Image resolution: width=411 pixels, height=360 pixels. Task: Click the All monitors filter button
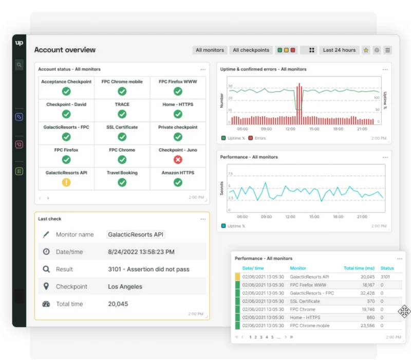point(210,50)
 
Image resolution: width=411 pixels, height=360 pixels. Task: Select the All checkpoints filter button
point(251,50)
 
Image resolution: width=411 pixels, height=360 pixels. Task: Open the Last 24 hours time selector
point(339,50)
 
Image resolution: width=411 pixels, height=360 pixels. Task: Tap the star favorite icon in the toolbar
point(366,50)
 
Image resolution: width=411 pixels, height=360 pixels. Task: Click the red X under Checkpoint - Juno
point(178,159)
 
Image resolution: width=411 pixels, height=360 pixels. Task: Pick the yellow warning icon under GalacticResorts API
point(66,182)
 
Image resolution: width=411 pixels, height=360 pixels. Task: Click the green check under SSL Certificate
point(122,137)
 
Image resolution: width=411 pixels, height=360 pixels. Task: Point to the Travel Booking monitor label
point(122,173)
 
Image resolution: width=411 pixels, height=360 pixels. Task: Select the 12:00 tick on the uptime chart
point(290,129)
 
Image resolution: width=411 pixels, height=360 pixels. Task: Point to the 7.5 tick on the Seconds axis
point(230,173)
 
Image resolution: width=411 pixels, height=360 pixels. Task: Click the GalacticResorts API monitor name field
point(136,235)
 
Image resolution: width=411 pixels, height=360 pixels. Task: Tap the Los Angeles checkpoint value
point(125,286)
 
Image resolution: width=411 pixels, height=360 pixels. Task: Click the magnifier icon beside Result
point(46,269)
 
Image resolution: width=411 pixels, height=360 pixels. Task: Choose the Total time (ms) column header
point(359,268)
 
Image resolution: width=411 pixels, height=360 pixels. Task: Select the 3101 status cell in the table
point(386,277)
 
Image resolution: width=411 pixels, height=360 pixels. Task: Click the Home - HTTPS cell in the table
point(305,317)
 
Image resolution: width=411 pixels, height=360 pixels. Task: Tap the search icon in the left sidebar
point(19,65)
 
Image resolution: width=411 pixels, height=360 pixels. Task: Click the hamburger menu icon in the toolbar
point(388,50)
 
